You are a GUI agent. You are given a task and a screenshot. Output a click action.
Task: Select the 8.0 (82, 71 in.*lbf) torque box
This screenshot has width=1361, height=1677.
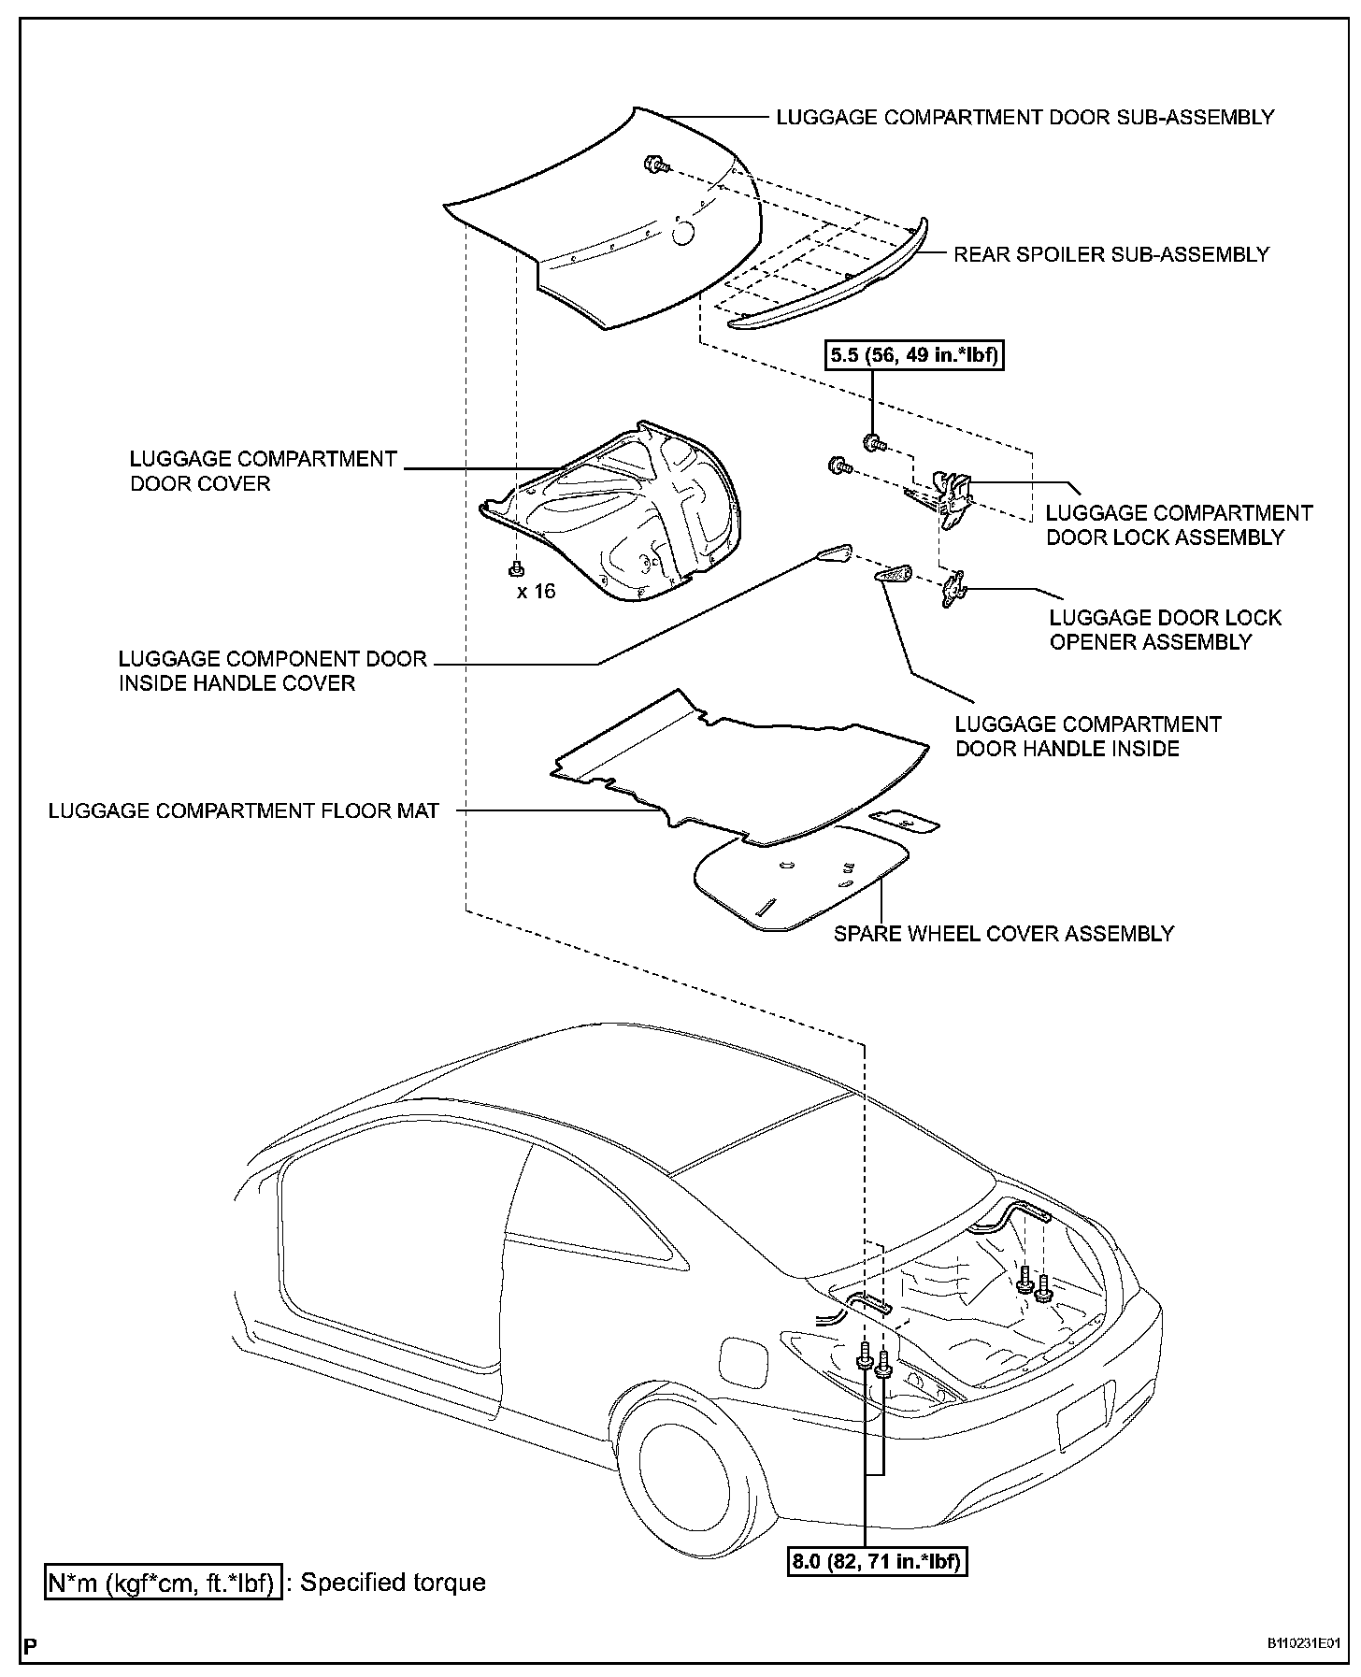click(x=876, y=1560)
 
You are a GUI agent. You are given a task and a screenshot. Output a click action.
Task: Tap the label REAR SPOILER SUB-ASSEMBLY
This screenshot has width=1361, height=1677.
click(x=1111, y=254)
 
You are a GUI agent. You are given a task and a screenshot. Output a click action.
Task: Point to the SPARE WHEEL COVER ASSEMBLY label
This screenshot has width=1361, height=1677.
click(x=1004, y=933)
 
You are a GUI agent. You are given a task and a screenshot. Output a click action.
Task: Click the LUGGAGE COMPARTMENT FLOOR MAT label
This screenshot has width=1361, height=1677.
click(x=244, y=810)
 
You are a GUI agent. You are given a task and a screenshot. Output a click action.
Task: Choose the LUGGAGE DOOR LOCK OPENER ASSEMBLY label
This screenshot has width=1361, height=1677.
click(x=1165, y=630)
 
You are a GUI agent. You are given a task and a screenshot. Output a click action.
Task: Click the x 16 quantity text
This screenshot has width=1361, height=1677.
click(x=537, y=591)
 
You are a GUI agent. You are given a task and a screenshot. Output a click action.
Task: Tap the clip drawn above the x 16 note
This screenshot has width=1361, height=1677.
click(x=515, y=566)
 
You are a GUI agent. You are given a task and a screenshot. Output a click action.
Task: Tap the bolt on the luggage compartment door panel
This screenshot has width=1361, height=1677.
click(x=654, y=166)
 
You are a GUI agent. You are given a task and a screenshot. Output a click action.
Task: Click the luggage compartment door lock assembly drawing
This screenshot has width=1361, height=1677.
click(x=952, y=498)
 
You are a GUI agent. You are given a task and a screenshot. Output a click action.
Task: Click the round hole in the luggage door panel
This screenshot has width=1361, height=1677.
click(x=685, y=234)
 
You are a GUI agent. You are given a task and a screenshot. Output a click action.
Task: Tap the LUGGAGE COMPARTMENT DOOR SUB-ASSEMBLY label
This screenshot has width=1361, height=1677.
click(x=1025, y=118)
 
